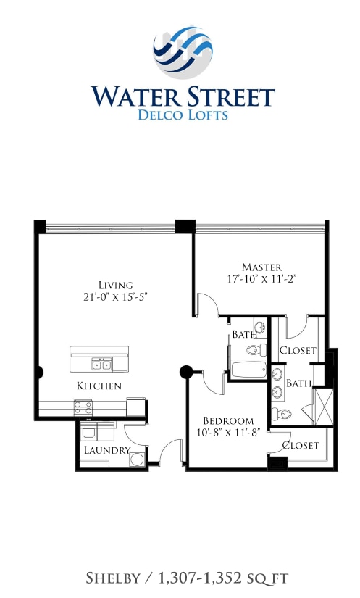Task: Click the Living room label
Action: (116, 284)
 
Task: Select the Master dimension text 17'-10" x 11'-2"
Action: (261, 278)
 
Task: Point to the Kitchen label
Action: (99, 386)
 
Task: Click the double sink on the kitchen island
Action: (101, 364)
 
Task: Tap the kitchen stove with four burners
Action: (83, 407)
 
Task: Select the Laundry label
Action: (107, 450)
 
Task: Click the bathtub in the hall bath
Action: (248, 370)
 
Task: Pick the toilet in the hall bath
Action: (251, 350)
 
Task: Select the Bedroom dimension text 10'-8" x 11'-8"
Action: (227, 433)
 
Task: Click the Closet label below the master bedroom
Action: (298, 350)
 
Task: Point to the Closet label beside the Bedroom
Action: (300, 445)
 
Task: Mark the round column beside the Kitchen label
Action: (185, 373)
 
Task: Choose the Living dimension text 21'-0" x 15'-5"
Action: (116, 296)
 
